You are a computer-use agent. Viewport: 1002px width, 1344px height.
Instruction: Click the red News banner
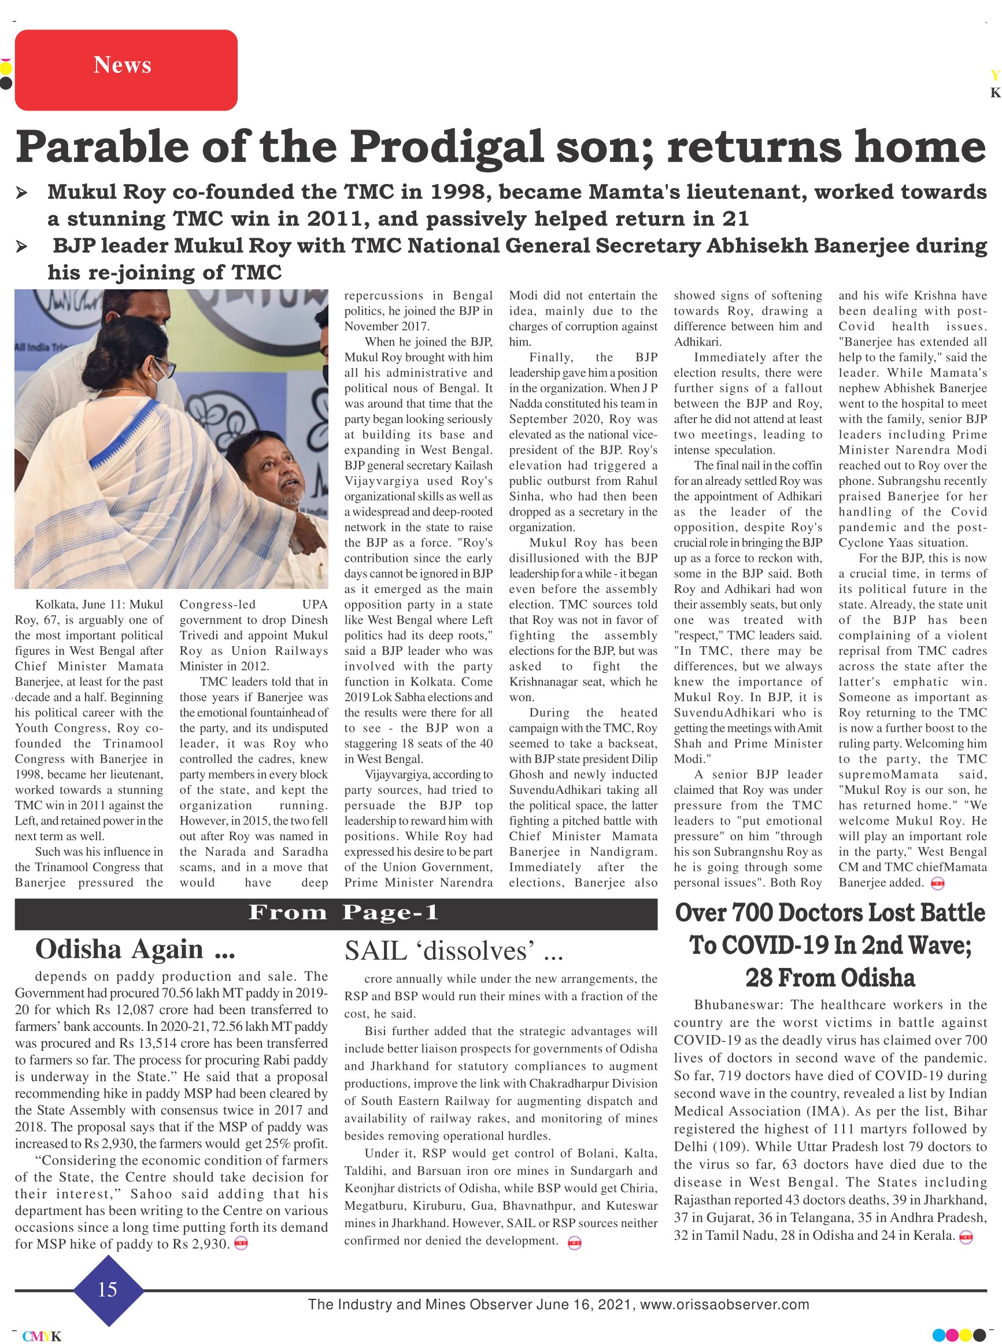[125, 70]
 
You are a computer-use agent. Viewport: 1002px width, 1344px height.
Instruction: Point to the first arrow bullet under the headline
[22, 193]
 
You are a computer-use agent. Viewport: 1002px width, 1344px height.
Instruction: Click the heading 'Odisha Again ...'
[135, 949]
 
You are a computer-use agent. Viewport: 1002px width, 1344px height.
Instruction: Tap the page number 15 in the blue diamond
[108, 1290]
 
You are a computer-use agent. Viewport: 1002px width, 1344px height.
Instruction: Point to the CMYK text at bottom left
[42, 1336]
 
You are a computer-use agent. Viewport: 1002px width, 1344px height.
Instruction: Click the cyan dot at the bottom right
[938, 1335]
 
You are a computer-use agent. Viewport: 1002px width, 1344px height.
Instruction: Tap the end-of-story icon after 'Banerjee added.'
[938, 883]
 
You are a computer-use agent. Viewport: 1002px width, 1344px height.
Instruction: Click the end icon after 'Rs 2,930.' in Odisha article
[241, 1244]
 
